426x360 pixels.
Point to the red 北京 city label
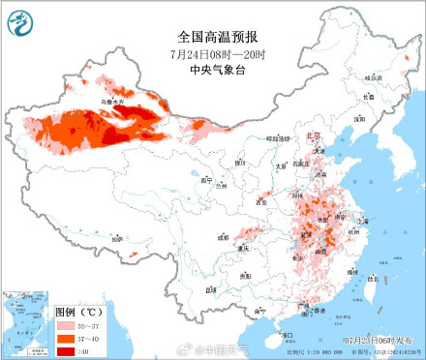pyautogui.click(x=311, y=136)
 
